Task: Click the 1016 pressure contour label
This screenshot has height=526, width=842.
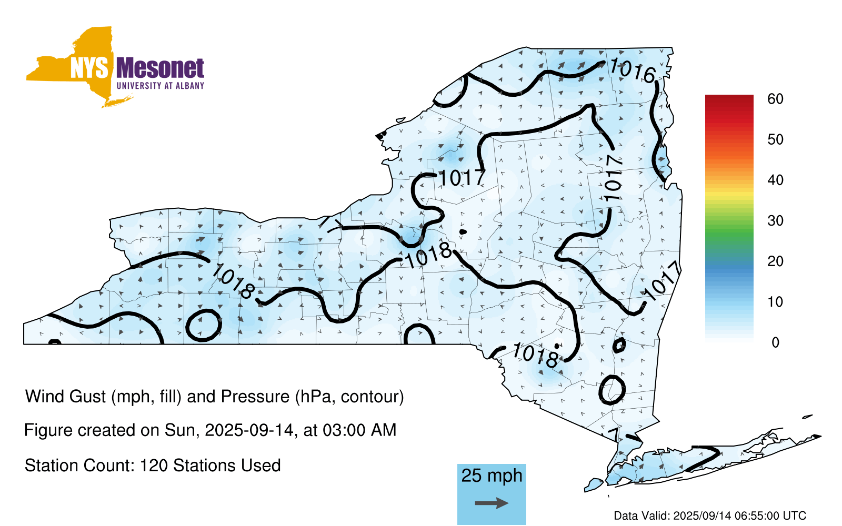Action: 632,70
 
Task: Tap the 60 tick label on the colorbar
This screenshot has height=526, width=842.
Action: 776,99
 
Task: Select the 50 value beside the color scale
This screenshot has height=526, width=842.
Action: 776,139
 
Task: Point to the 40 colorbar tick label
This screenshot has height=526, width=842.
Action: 776,180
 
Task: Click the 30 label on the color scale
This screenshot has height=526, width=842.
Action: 776,220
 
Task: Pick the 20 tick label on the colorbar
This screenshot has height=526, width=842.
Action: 776,261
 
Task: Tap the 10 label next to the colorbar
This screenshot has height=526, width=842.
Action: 776,302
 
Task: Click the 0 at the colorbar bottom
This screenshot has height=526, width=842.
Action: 776,342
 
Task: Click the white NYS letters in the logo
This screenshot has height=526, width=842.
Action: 89,68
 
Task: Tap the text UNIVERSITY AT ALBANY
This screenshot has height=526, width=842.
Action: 161,86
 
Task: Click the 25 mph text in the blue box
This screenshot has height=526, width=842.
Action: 492,476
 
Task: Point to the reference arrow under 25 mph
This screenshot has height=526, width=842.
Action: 492,503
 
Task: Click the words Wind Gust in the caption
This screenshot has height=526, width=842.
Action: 65,397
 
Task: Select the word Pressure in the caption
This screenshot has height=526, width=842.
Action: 255,397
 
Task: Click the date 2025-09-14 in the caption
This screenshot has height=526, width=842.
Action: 249,430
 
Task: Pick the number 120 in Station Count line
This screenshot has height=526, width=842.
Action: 153,466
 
